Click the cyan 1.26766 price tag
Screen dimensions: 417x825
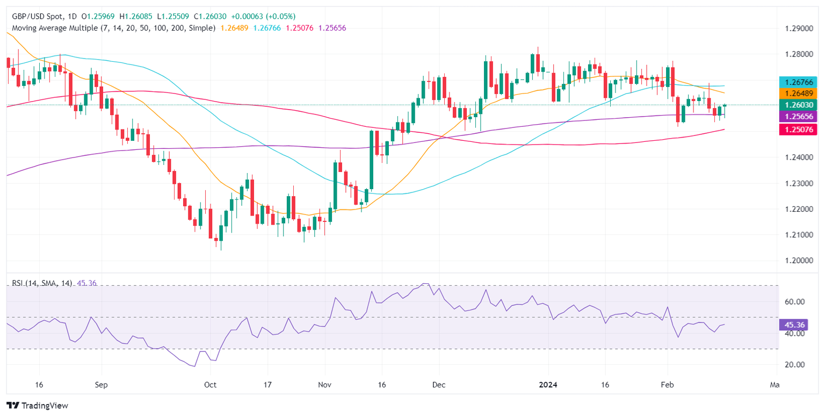coord(798,82)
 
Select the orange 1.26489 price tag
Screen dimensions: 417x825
coord(798,94)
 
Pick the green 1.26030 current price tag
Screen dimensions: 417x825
coord(798,105)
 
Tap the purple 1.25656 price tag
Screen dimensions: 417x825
coord(798,117)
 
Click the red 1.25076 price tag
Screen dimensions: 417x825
coord(798,129)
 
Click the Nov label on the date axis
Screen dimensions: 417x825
coord(324,385)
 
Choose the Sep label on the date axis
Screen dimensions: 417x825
coord(101,385)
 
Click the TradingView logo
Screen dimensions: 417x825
coord(37,406)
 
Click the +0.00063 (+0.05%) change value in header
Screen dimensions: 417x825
coord(266,17)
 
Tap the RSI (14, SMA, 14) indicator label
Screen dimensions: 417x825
coord(39,283)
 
